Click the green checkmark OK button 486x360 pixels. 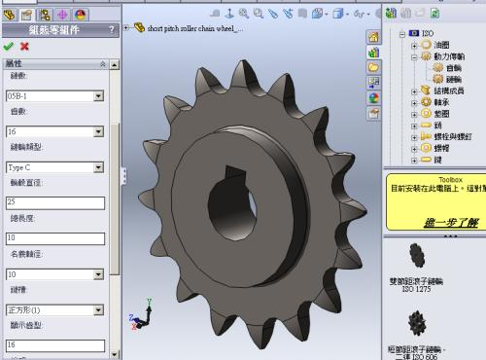(9, 46)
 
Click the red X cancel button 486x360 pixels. (24, 46)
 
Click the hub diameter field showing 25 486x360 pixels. (54, 202)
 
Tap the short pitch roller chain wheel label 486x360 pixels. (193, 28)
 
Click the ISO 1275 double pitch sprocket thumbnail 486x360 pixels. (417, 257)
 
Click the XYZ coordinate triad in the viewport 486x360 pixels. (147, 315)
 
